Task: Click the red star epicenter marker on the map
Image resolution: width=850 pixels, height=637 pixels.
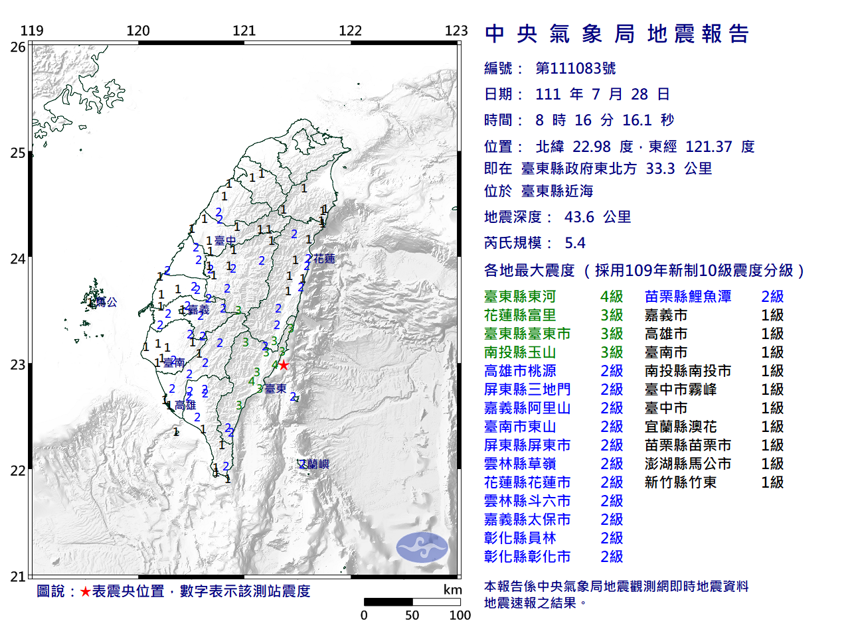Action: pyautogui.click(x=284, y=365)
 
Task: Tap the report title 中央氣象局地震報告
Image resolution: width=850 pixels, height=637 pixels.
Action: pyautogui.click(x=617, y=34)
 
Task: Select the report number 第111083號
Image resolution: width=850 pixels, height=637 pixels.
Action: pyautogui.click(x=575, y=68)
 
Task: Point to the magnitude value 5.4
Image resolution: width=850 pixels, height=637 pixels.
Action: pyautogui.click(x=574, y=243)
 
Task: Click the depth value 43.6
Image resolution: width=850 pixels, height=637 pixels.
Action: pyautogui.click(x=579, y=217)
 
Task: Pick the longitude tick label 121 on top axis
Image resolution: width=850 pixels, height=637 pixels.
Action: pyautogui.click(x=244, y=31)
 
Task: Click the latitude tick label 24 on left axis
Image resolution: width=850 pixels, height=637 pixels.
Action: pyautogui.click(x=17, y=259)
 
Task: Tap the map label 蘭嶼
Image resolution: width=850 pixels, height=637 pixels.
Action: pyautogui.click(x=316, y=464)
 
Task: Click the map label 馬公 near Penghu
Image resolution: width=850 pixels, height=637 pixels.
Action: pyautogui.click(x=106, y=302)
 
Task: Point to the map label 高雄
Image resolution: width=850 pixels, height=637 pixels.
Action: pyautogui.click(x=185, y=405)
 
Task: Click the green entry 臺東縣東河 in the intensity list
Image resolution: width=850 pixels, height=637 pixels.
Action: pyautogui.click(x=519, y=297)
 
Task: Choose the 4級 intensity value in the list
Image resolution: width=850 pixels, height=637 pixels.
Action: pyautogui.click(x=611, y=297)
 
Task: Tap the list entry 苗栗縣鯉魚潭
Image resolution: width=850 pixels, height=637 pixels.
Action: pyautogui.click(x=687, y=297)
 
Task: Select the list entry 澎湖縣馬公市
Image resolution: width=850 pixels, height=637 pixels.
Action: pyautogui.click(x=687, y=464)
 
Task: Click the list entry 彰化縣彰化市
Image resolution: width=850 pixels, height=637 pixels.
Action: pyautogui.click(x=527, y=557)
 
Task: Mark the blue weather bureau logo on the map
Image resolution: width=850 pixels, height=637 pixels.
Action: pyautogui.click(x=422, y=547)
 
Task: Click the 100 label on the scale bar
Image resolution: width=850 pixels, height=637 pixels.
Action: pyautogui.click(x=460, y=615)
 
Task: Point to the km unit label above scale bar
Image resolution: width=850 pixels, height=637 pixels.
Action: pyautogui.click(x=452, y=590)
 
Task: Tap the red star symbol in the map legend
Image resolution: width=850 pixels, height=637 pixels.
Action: pyautogui.click(x=85, y=591)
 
